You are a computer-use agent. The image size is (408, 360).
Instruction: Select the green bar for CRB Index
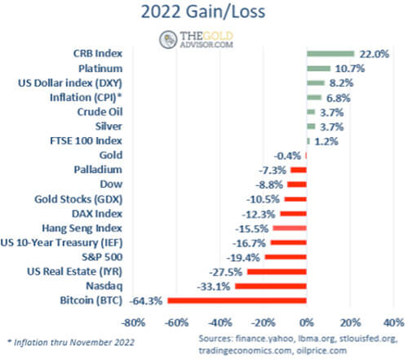[x=330, y=54]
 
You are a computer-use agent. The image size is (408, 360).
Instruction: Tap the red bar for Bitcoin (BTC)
[x=237, y=301]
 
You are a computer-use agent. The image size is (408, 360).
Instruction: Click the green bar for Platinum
[x=317, y=69]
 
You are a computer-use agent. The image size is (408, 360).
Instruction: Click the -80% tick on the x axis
[x=133, y=320]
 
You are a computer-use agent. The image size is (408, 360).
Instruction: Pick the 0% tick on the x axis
[x=306, y=320]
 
